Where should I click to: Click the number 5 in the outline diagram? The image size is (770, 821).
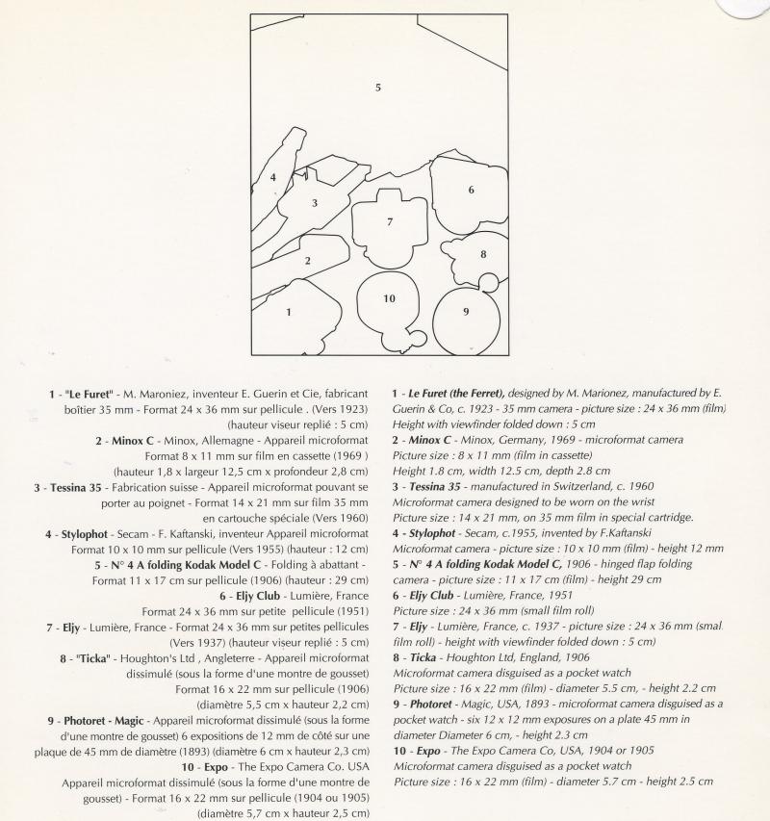[378, 88]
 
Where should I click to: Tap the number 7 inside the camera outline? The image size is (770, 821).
[390, 222]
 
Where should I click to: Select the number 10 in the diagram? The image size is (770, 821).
[389, 298]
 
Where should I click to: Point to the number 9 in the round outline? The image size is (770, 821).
[466, 311]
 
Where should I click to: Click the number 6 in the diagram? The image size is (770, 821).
[471, 190]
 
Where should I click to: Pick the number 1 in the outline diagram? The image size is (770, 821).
[289, 312]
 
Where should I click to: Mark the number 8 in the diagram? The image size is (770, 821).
[483, 255]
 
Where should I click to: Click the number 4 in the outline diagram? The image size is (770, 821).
[273, 177]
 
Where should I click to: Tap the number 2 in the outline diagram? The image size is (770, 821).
[308, 261]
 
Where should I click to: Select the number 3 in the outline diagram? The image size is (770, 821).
[315, 203]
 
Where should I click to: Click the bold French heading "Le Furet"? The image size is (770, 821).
[90, 394]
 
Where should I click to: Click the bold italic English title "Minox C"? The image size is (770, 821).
[428, 440]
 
